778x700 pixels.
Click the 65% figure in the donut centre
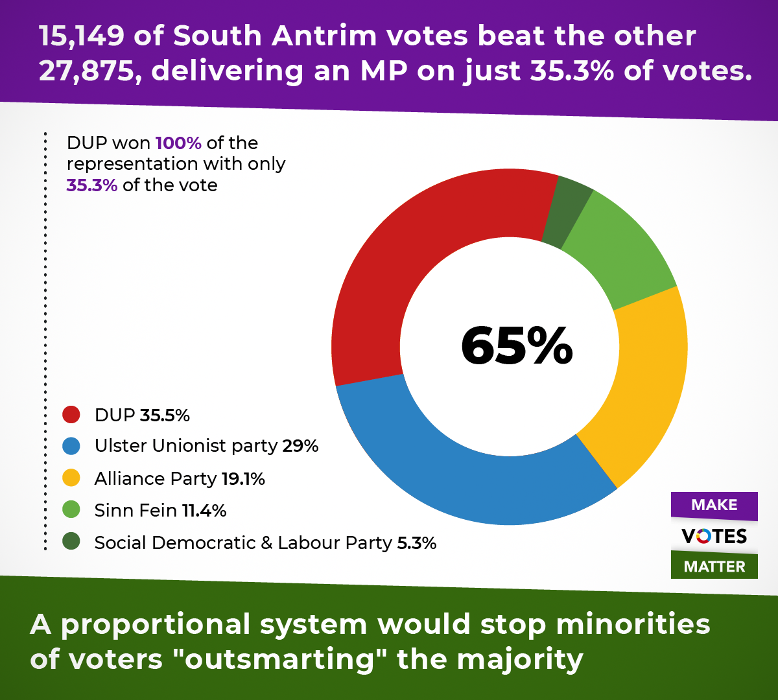pyautogui.click(x=517, y=346)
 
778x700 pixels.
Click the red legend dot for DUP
pyautogui.click(x=71, y=415)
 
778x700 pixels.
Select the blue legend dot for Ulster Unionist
pyautogui.click(x=71, y=446)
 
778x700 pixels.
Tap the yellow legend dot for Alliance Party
pyautogui.click(x=71, y=478)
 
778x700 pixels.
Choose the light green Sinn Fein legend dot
pyautogui.click(x=71, y=510)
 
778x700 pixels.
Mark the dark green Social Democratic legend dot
pyautogui.click(x=71, y=542)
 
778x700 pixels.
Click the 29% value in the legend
pyautogui.click(x=300, y=446)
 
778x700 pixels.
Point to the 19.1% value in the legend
pyautogui.click(x=243, y=478)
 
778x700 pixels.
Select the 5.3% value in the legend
pyautogui.click(x=416, y=542)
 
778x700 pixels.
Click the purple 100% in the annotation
pyautogui.click(x=178, y=143)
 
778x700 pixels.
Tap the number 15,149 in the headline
pyautogui.click(x=82, y=36)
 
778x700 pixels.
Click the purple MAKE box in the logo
pyautogui.click(x=714, y=505)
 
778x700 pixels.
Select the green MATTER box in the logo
pyautogui.click(x=714, y=566)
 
